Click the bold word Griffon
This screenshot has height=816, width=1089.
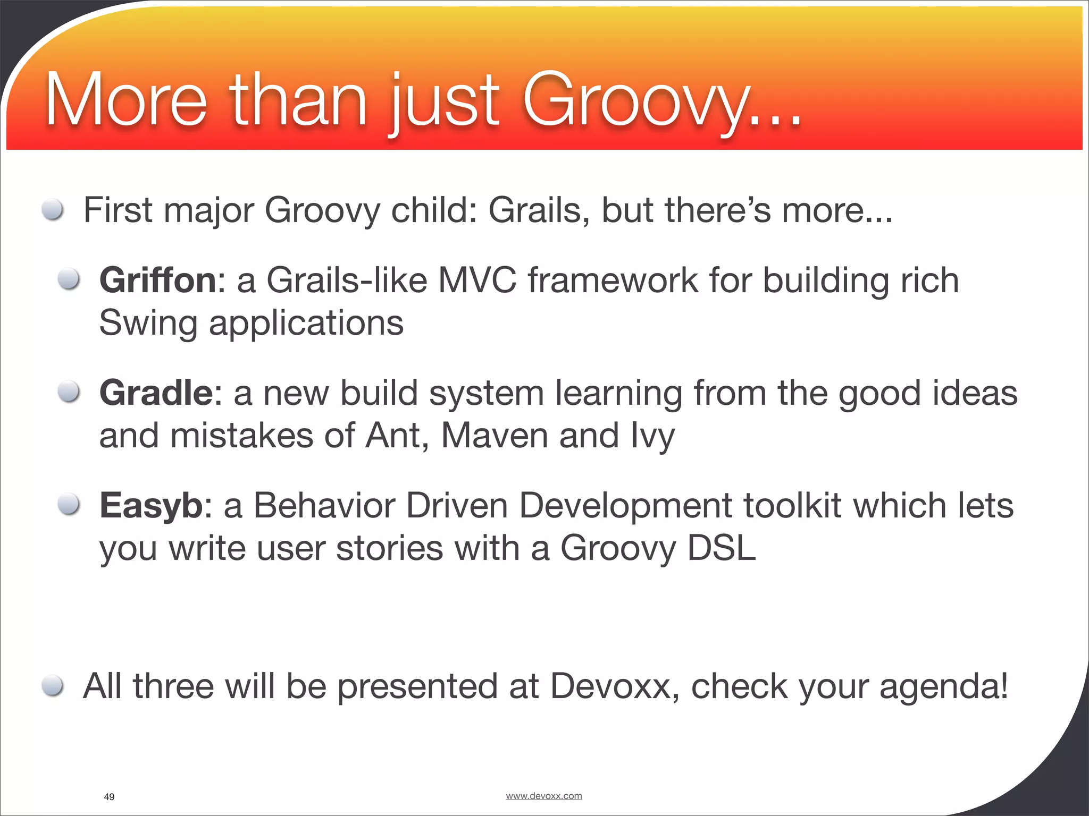pyautogui.click(x=158, y=280)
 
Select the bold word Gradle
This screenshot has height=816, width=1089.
pyautogui.click(x=156, y=393)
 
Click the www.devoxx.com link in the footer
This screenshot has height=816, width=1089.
pyautogui.click(x=543, y=796)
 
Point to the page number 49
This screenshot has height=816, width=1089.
pyautogui.click(x=109, y=797)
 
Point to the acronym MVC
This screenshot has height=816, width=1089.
pyautogui.click(x=477, y=280)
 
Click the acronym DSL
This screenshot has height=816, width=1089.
pyautogui.click(x=721, y=549)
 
